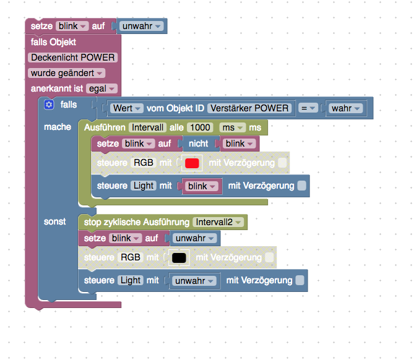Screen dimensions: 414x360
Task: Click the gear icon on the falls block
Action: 49,105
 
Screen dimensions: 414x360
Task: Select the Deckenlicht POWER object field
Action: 72,58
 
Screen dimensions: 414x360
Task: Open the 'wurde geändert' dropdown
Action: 67,73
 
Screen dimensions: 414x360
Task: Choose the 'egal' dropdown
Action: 101,88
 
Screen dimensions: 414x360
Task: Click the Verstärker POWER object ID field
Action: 249,108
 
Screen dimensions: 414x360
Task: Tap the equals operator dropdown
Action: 308,108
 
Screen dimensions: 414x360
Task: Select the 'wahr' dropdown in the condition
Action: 345,108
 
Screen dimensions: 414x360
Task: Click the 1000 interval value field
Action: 200,127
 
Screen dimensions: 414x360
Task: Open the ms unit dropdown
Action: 232,127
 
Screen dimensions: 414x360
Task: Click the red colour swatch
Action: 192,163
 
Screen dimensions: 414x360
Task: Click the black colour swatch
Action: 179,257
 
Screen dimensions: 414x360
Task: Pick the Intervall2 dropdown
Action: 218,222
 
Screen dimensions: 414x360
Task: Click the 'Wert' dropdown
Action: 126,108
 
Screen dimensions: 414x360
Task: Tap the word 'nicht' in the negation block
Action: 198,144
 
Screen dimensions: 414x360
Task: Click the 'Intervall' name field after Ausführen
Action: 147,127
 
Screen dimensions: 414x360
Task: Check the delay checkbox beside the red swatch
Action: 282,163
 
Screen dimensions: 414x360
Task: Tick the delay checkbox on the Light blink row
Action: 302,186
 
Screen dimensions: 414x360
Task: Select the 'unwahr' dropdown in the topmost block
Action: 142,26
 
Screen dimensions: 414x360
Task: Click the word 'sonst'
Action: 54,221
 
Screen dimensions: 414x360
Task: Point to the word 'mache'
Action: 58,127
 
